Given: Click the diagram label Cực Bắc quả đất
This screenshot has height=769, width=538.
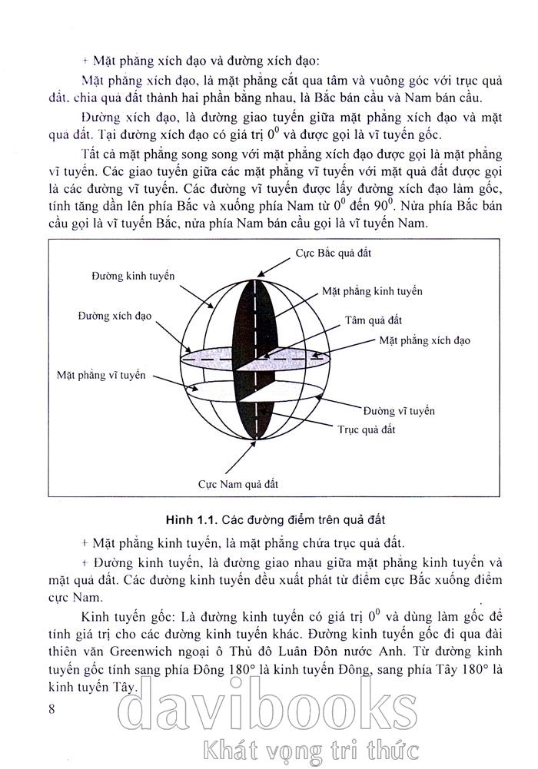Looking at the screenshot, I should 333,253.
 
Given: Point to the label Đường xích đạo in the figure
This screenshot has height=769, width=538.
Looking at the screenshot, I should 115,316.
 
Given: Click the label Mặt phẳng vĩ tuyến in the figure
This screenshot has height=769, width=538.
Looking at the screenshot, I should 101,375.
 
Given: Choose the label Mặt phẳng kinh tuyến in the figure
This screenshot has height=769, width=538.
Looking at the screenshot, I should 372,292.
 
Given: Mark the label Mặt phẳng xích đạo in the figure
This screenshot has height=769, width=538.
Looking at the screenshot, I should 423,340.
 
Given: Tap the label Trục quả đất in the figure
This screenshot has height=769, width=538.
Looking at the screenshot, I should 367,430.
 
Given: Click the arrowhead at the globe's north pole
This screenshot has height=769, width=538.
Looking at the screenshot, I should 259,270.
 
